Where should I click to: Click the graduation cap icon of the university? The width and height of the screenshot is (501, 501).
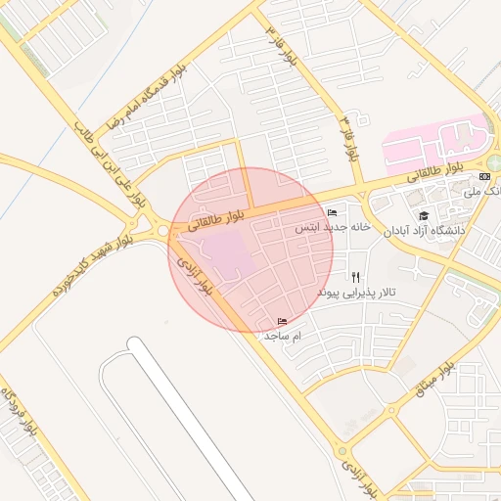click(x=424, y=215)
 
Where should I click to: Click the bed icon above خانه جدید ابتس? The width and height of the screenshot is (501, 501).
click(x=333, y=212)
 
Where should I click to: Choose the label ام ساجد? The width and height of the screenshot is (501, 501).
click(x=284, y=335)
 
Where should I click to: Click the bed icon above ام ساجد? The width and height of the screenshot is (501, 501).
click(x=284, y=321)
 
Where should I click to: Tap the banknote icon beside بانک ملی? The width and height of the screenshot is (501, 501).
click(x=484, y=176)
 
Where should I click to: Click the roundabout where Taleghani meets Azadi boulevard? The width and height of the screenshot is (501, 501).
click(x=161, y=231)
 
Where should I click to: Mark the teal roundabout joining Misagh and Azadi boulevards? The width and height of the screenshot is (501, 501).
click(x=342, y=451)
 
